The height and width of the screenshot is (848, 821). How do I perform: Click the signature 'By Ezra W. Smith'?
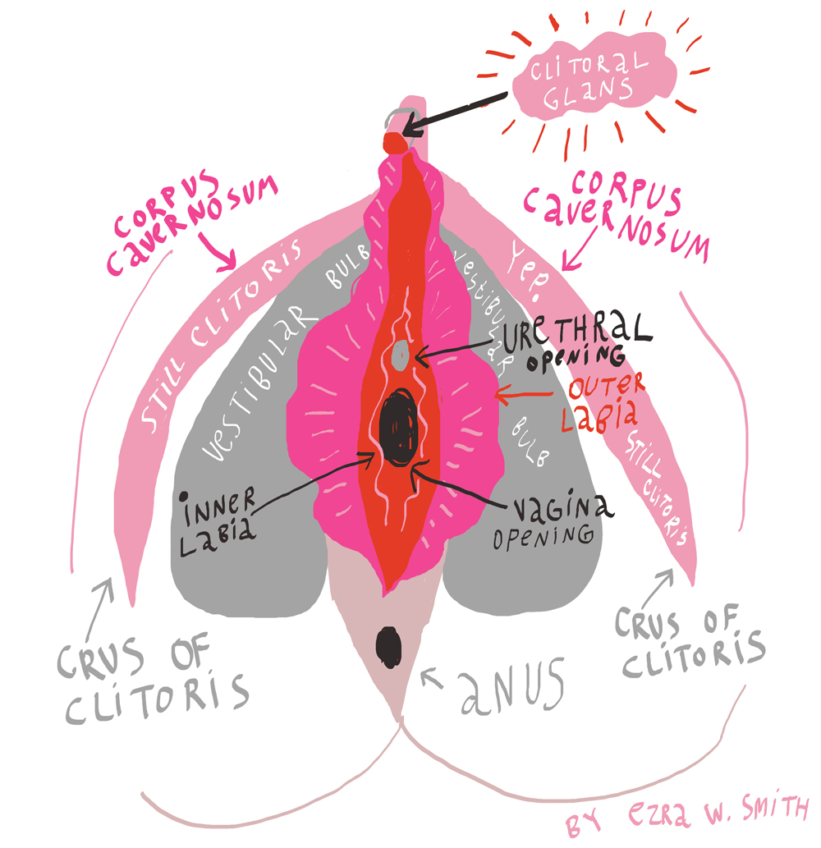click(x=688, y=817)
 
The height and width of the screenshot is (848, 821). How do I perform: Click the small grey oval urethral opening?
click(x=401, y=355)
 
